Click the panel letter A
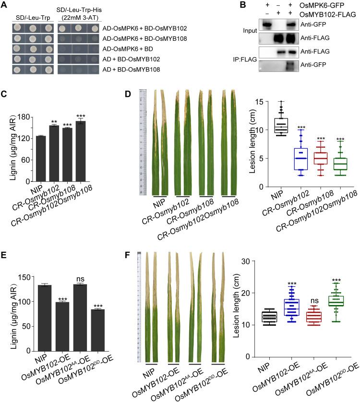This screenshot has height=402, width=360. tap(4, 5)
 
